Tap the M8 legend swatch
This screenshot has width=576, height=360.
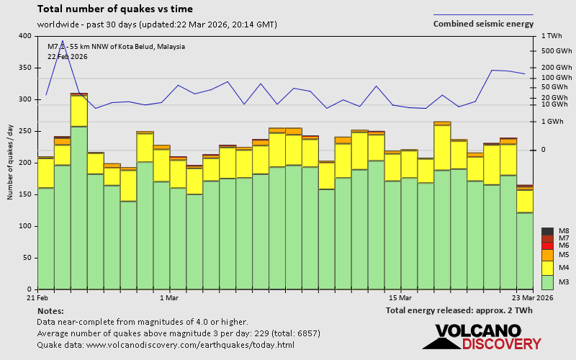click(x=547, y=231)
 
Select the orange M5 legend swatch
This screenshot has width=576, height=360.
click(x=547, y=255)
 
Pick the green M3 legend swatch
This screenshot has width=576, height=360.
click(x=547, y=282)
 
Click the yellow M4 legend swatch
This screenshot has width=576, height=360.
click(x=547, y=268)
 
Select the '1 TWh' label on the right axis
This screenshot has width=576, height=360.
click(x=552, y=36)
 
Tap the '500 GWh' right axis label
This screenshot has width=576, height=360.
click(x=557, y=51)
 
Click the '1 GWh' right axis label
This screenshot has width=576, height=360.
click(x=553, y=122)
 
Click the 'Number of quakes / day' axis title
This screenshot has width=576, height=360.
click(x=11, y=163)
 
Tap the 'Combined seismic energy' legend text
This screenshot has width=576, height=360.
click(x=483, y=24)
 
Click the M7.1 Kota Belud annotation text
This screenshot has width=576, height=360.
click(x=116, y=47)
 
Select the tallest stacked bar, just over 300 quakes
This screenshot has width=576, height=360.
click(x=79, y=191)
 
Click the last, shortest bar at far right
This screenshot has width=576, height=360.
click(x=525, y=238)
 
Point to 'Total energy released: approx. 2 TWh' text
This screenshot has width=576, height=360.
click(x=459, y=310)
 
